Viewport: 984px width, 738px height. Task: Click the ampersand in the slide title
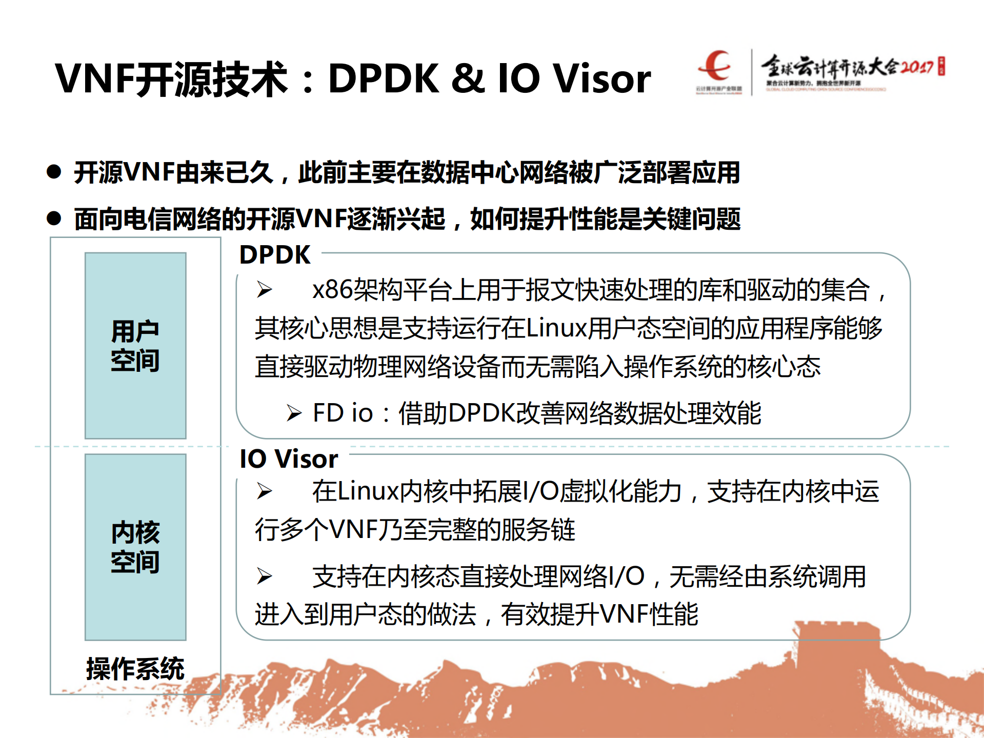coord(468,79)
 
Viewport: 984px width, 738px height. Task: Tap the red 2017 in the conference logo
coord(917,67)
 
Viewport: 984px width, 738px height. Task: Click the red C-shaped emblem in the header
coord(716,65)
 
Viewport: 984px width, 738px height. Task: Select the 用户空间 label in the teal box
coord(135,346)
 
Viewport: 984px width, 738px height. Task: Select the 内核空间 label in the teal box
coord(135,547)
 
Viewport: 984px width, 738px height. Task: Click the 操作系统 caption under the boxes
coord(135,669)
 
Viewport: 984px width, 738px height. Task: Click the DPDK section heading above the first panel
coord(275,255)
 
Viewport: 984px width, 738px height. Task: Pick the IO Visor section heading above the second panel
coord(289,458)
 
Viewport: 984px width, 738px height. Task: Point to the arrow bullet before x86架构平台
coord(264,290)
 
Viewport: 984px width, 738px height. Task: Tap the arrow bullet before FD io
coord(294,413)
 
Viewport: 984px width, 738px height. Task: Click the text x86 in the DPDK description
coord(332,290)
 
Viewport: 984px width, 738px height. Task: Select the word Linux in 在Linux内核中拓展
coord(368,491)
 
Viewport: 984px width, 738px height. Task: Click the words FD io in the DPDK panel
coord(343,413)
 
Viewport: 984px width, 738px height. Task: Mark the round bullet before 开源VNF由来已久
coord(54,171)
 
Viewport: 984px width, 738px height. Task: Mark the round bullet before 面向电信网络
coord(54,218)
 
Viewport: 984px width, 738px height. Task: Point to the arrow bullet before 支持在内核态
coord(264,576)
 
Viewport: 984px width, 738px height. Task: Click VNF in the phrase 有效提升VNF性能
coord(624,614)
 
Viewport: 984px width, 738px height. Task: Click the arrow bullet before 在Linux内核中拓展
coord(264,491)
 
